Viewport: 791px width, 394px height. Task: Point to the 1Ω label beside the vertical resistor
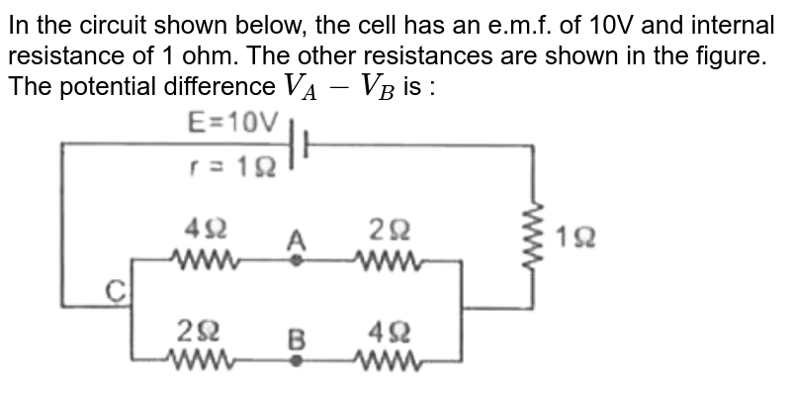[574, 238]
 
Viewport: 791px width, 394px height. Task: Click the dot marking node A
[295, 260]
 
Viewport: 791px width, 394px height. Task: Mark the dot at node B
[295, 361]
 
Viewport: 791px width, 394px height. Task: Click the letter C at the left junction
[117, 289]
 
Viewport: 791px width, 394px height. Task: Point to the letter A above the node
[295, 239]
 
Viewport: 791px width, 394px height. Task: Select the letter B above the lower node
[295, 339]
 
